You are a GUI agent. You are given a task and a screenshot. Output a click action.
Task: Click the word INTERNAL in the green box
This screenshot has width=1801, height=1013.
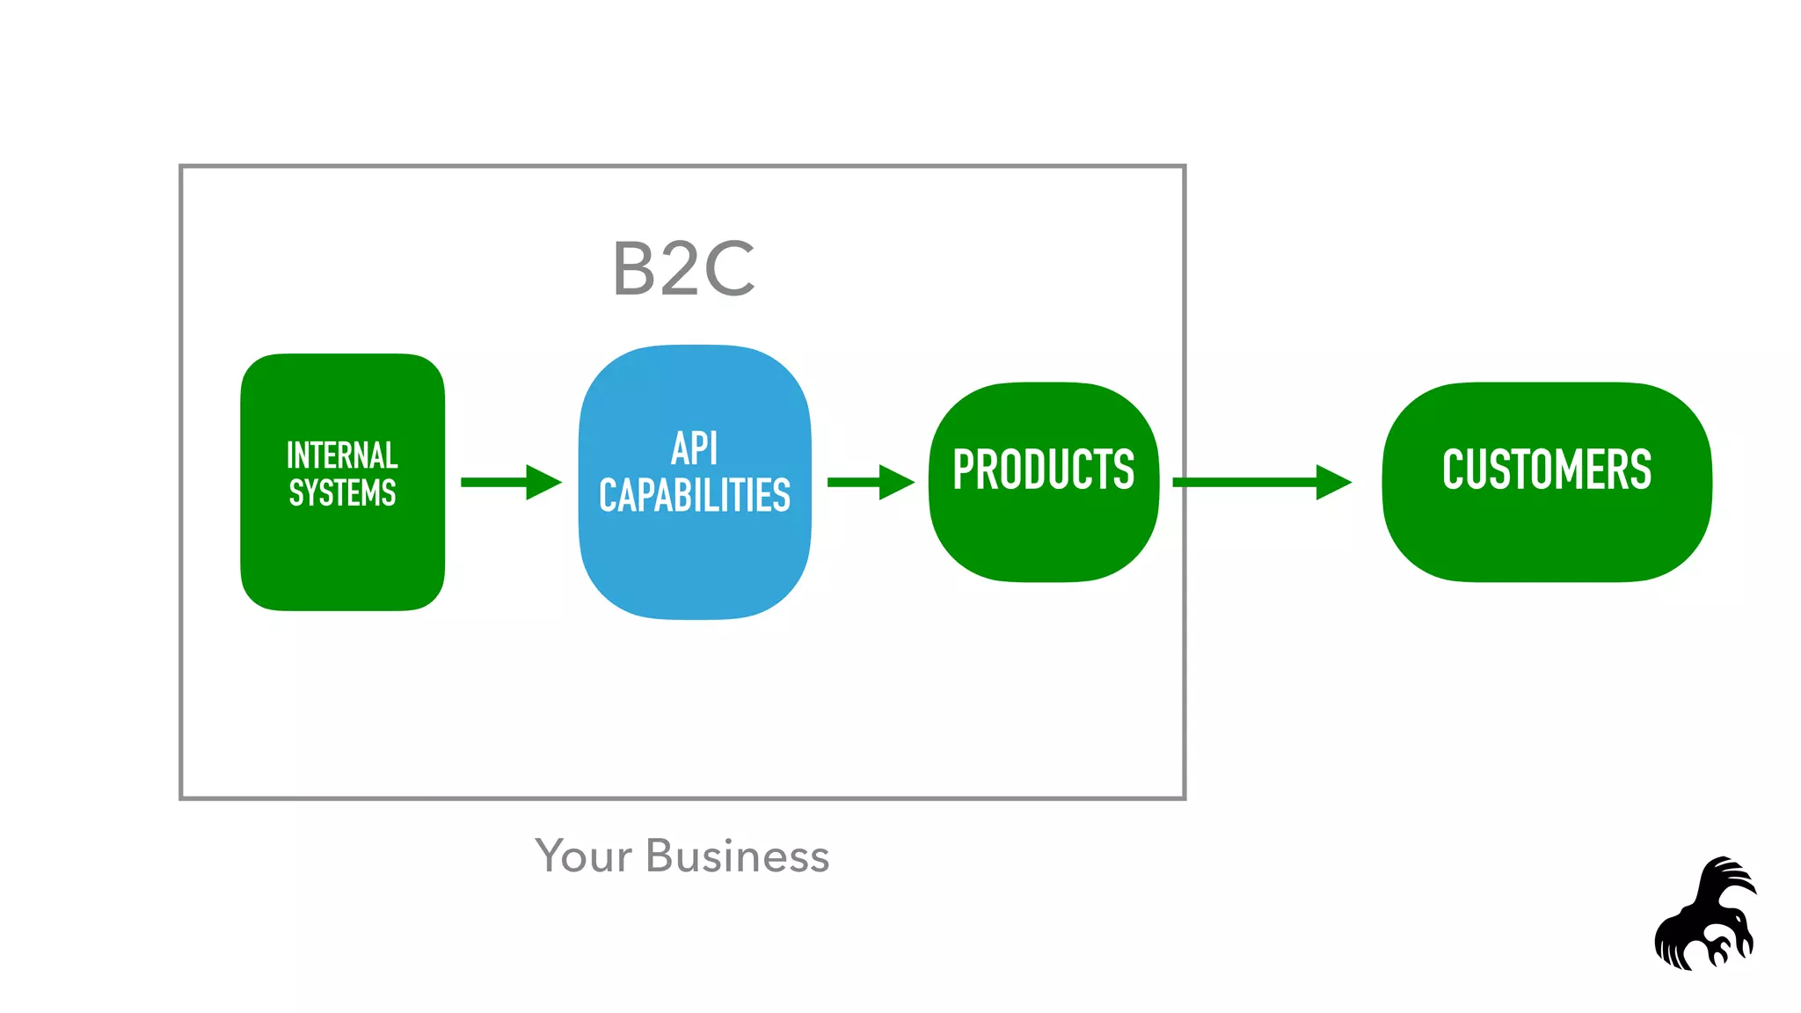point(342,455)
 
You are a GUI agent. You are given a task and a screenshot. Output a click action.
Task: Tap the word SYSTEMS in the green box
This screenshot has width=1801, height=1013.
point(342,493)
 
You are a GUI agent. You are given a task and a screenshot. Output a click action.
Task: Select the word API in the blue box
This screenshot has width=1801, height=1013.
point(695,449)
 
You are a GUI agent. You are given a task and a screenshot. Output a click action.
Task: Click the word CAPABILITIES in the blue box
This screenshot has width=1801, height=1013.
point(695,495)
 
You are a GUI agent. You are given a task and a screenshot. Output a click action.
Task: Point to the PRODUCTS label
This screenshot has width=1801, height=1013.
point(1044,470)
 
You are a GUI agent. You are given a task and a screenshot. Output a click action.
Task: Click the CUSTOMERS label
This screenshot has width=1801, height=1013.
point(1547,470)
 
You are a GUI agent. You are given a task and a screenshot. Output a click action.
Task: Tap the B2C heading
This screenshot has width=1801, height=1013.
point(684,269)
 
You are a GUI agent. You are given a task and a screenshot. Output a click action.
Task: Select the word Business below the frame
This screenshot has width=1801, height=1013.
point(737,856)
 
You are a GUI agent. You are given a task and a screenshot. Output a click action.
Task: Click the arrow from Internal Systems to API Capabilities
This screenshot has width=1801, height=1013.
point(510,482)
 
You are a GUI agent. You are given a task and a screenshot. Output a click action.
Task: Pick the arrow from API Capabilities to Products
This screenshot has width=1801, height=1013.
point(870,482)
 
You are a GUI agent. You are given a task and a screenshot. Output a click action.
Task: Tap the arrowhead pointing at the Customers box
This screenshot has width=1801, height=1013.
point(1332,482)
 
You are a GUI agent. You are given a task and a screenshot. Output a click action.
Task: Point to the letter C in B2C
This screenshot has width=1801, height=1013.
point(729,269)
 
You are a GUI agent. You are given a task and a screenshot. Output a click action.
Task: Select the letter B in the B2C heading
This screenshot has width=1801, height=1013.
point(633,269)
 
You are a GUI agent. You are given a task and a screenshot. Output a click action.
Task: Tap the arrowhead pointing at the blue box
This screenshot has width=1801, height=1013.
point(542,482)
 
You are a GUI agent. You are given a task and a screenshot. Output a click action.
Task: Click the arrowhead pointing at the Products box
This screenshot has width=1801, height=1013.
point(895,482)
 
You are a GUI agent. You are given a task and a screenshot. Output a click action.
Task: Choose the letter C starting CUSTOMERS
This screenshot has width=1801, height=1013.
point(1455,470)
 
